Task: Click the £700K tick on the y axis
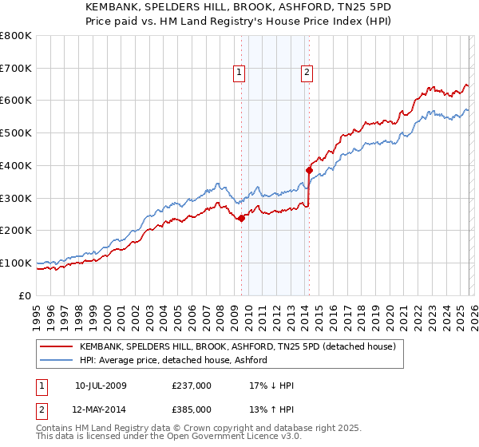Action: (16, 69)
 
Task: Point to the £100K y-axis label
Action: (16, 263)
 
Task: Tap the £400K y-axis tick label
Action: (16, 166)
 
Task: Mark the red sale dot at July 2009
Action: (241, 218)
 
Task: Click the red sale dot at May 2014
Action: (309, 170)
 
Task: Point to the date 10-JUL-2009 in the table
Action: (101, 386)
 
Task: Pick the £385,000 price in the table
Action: (192, 409)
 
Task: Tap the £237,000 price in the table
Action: (192, 386)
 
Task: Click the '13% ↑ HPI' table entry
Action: (271, 409)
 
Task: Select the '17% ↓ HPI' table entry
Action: (271, 386)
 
